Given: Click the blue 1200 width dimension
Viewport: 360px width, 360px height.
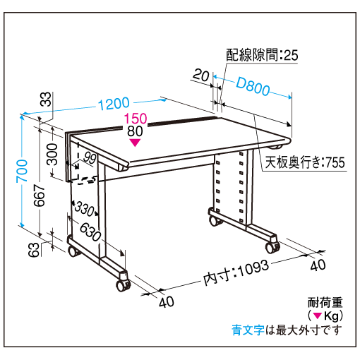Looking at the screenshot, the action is coord(114,104).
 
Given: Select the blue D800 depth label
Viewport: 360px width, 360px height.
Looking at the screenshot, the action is coord(253,87).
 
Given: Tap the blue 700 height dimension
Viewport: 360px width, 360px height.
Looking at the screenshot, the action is coord(22,171).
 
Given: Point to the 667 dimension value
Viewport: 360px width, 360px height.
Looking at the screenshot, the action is coord(40,196).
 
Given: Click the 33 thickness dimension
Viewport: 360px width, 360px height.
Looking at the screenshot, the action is coord(46,99).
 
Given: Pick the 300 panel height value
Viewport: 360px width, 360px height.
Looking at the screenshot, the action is coord(52,154).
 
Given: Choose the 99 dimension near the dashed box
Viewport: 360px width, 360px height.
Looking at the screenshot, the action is coord(90,158).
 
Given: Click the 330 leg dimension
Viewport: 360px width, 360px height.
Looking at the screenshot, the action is coord(85,208).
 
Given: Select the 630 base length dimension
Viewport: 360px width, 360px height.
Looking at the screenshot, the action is coord(90,232).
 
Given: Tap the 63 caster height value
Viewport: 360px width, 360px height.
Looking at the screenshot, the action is coord(34,250).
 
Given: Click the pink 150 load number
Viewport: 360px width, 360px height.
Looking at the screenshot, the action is coord(136,119).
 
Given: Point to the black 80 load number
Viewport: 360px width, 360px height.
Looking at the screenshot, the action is coord(135,131).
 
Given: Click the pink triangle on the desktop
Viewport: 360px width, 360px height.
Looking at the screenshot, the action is coord(136,143).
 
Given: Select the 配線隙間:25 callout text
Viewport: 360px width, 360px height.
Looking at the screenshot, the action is coord(262,55).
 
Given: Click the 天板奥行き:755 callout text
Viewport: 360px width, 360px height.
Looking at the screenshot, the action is coord(305,162).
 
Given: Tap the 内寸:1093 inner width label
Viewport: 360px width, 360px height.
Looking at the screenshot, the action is coord(236,272).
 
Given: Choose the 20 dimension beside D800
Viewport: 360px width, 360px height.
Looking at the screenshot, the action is coord(201,76).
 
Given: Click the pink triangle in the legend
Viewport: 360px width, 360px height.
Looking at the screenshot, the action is coord(318,316).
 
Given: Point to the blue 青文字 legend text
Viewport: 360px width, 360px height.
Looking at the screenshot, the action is coord(248,330).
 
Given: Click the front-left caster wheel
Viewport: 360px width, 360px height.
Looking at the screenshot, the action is coord(123,285).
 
